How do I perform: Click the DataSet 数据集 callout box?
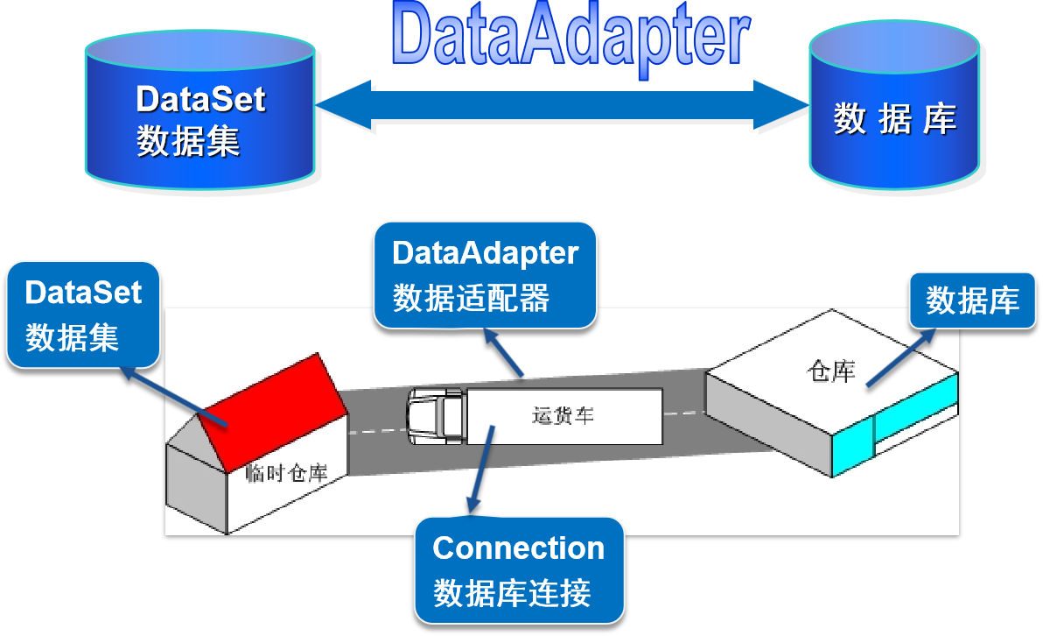[83, 314]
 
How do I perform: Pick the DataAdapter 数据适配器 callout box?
[486, 274]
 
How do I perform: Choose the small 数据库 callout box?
[972, 301]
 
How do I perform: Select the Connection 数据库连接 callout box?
[519, 570]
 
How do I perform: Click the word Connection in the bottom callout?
[519, 548]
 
